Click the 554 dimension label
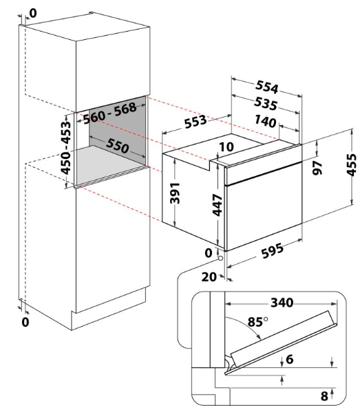pos(267,87)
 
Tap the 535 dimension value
pos(266,103)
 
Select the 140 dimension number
pos(265,121)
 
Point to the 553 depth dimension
pos(195,122)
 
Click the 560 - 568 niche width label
pos(110,113)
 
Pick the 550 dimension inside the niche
pos(118,146)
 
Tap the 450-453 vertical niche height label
pos(66,148)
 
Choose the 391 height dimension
pos(175,193)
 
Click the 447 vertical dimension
pos(218,205)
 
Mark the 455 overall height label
pos(351,165)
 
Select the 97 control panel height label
pos(317,168)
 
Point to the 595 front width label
pos(273,251)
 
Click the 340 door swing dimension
pos(282,303)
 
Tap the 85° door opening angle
pos(257,322)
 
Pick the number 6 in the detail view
pos(290,359)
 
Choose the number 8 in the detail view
pos(324,396)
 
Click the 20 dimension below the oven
pos(209,277)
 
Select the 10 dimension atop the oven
pos(226,146)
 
